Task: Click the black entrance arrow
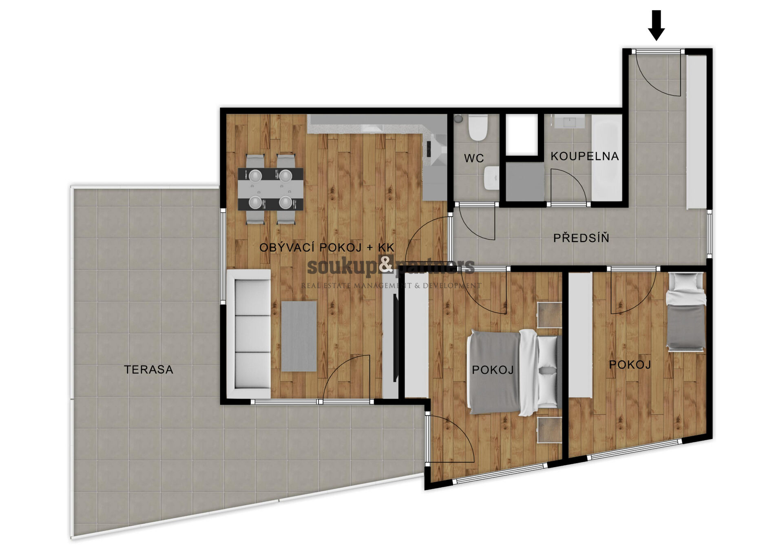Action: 656,25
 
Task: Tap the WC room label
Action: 474,158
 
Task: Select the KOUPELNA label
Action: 584,156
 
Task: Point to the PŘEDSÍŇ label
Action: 581,237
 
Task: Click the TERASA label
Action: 148,370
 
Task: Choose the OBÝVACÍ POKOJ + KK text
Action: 327,247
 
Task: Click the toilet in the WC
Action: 478,127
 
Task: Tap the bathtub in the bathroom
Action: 607,158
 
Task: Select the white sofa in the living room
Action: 249,334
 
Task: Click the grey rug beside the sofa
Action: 299,336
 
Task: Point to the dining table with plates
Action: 270,189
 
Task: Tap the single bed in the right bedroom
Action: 686,312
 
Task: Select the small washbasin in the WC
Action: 492,178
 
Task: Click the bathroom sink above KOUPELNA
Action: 569,122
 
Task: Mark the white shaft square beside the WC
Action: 522,134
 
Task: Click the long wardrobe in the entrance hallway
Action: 696,132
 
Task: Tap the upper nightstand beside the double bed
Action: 549,315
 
